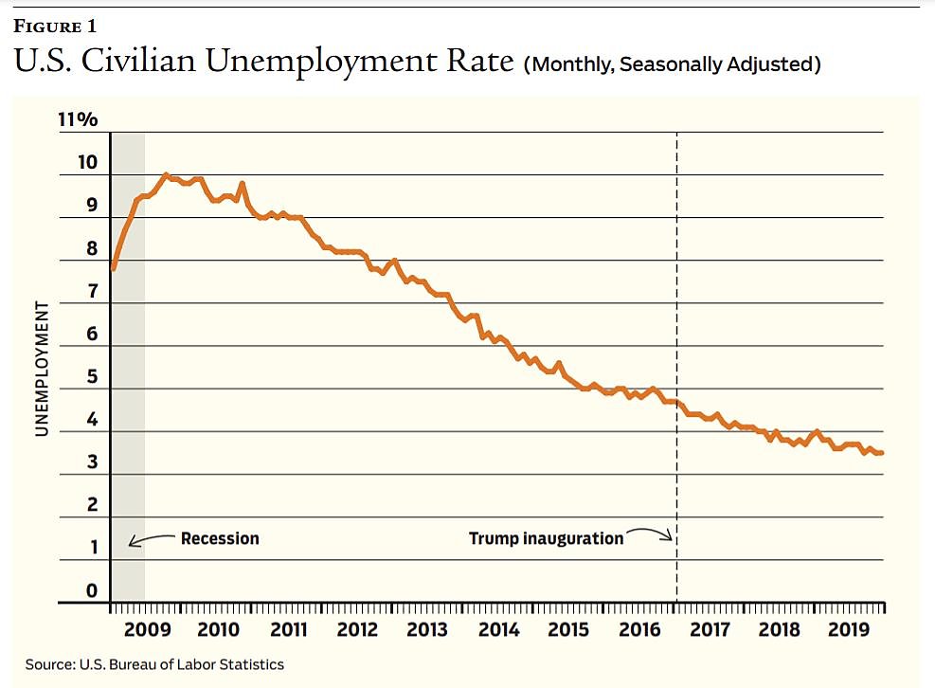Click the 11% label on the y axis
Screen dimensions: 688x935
coord(80,120)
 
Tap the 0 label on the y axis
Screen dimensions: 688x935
coord(91,591)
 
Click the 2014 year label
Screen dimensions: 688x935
coord(498,631)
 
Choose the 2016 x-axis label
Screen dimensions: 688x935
coord(638,631)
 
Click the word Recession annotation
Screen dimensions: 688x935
coord(220,538)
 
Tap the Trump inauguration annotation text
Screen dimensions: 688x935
coord(547,538)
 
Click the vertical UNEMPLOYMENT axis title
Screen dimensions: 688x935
coord(42,369)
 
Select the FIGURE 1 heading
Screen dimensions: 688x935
coord(54,26)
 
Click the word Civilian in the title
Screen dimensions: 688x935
coord(153,62)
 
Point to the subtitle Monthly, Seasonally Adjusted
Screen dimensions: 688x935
coord(672,64)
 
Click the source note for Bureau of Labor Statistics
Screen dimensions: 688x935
coord(154,664)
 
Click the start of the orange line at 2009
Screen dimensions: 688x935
coord(113,269)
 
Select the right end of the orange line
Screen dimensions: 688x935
coord(882,453)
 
